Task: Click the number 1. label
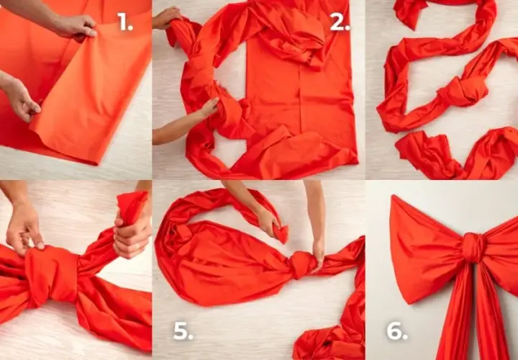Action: [x=125, y=22]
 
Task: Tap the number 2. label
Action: [x=340, y=22]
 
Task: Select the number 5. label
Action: [x=183, y=331]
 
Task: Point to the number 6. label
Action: [x=396, y=330]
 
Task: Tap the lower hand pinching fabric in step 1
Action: [x=23, y=99]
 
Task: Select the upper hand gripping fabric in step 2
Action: [x=166, y=17]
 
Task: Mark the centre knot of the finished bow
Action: [x=473, y=248]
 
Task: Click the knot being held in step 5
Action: [x=302, y=264]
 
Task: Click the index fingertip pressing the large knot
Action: [x=40, y=246]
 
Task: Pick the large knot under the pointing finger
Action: [x=51, y=274]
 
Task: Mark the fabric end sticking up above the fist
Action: [x=132, y=207]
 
